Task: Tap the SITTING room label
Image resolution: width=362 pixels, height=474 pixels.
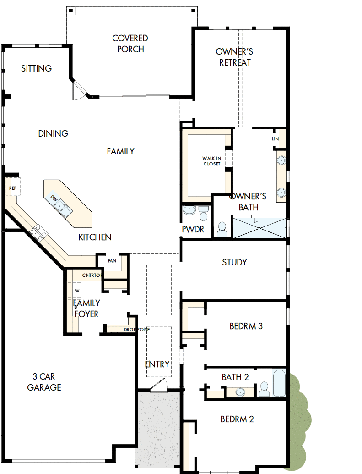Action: (37, 69)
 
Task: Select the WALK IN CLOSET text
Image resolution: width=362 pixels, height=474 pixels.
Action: (211, 161)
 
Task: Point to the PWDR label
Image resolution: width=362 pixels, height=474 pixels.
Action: (193, 229)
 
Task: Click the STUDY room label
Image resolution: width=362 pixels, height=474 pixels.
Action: (234, 262)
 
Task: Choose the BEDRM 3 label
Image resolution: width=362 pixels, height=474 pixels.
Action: (246, 326)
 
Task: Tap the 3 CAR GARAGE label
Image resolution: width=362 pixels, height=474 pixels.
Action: (44, 382)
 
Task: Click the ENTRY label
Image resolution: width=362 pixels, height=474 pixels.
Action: (157, 364)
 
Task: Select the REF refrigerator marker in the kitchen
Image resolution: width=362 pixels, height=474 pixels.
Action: (12, 188)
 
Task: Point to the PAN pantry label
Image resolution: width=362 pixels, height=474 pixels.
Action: (112, 261)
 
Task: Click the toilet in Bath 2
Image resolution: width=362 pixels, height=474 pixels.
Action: (264, 390)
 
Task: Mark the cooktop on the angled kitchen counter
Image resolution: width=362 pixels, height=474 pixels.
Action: (38, 232)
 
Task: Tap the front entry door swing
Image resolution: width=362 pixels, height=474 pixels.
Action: (160, 384)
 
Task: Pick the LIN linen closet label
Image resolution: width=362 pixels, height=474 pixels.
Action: (275, 138)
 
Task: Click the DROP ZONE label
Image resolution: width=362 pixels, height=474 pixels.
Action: (136, 330)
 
